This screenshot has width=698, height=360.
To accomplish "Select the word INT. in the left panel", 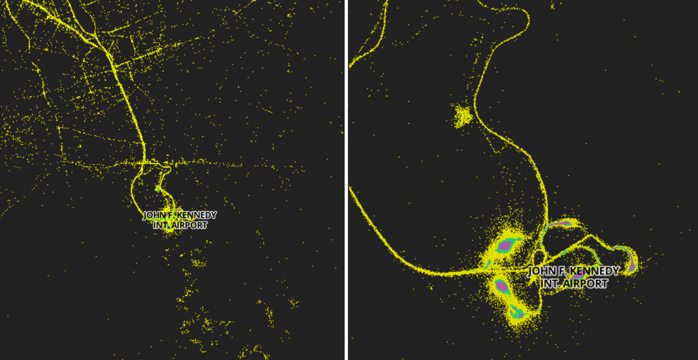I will click(x=163, y=225).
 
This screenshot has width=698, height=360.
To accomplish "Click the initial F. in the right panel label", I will click(x=563, y=272).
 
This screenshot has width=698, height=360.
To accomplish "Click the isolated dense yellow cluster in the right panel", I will click(x=464, y=116).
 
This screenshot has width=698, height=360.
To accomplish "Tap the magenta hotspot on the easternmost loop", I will click(x=631, y=264).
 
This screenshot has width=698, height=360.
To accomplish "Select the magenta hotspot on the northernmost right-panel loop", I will click(x=562, y=223).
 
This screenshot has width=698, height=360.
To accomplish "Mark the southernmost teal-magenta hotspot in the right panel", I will click(x=517, y=313).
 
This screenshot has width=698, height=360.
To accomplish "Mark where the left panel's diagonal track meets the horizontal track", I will click(x=144, y=162).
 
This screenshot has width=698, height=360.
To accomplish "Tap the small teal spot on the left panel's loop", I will click(x=158, y=189).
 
